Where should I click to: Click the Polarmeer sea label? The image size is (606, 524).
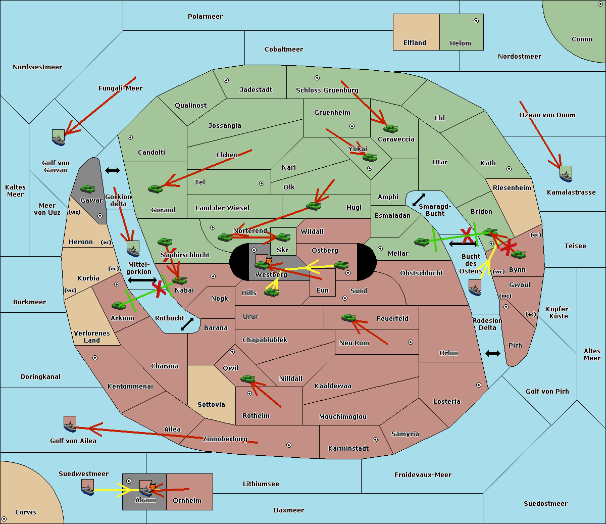click(205, 17)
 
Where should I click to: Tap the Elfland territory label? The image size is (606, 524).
click(415, 43)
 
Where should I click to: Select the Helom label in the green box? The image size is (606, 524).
click(460, 43)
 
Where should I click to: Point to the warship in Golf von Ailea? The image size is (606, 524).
click(70, 424)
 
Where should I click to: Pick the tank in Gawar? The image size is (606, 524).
click(87, 189)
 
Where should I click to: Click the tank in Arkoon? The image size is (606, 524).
click(119, 305)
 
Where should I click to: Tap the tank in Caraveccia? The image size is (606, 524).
click(390, 128)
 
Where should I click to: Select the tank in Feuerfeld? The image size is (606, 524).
click(349, 318)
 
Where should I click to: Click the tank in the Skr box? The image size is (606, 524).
click(283, 236)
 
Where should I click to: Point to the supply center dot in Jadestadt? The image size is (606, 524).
click(226, 80)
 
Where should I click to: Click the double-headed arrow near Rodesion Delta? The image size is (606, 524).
click(493, 353)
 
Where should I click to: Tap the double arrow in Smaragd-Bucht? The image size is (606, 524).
click(419, 200)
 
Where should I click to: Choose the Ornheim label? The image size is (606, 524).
click(187, 501)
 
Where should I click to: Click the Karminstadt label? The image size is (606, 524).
click(348, 449)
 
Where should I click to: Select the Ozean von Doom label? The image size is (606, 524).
click(547, 115)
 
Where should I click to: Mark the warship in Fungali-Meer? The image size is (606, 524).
click(59, 137)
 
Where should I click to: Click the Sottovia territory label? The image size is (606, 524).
click(211, 405)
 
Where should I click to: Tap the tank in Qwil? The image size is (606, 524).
click(248, 378)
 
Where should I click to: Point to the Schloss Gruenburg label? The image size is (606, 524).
click(327, 90)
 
